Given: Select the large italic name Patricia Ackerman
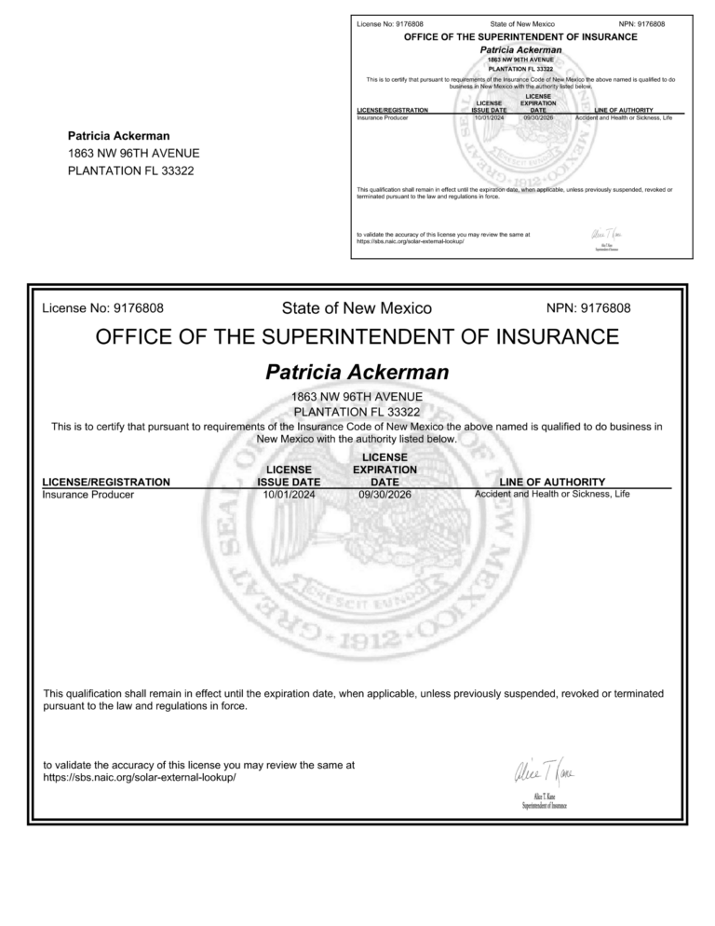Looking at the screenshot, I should tap(357, 373).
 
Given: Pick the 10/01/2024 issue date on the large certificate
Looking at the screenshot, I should tap(290, 495).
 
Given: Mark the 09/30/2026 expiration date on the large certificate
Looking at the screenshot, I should tap(384, 495).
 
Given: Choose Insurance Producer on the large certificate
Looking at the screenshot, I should tap(88, 495).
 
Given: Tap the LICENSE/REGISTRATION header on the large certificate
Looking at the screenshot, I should tap(107, 482).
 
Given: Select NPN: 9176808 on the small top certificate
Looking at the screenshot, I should tap(641, 22).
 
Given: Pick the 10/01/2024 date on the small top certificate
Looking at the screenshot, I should tap(489, 118).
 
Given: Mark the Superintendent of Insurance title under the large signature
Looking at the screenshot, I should tap(545, 806).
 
